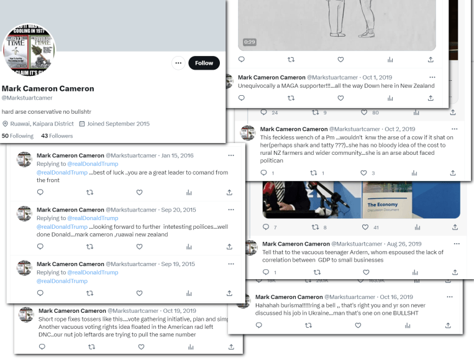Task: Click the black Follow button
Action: click(x=204, y=63)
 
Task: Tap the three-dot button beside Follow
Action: click(x=178, y=63)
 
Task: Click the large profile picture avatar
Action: click(x=29, y=50)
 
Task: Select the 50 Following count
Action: click(x=17, y=136)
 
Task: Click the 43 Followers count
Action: click(x=57, y=136)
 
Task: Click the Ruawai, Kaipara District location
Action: click(x=38, y=124)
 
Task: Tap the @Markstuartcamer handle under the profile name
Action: click(x=27, y=98)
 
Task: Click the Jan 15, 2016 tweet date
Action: click(x=177, y=155)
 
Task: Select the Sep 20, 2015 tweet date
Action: click(x=178, y=210)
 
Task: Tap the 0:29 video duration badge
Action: click(x=249, y=42)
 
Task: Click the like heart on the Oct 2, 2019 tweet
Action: click(x=364, y=173)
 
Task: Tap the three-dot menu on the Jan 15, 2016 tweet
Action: click(x=231, y=155)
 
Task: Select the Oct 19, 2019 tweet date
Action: click(x=180, y=310)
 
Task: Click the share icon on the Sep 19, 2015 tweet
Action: click(x=229, y=293)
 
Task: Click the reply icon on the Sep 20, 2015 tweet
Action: click(x=40, y=246)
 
